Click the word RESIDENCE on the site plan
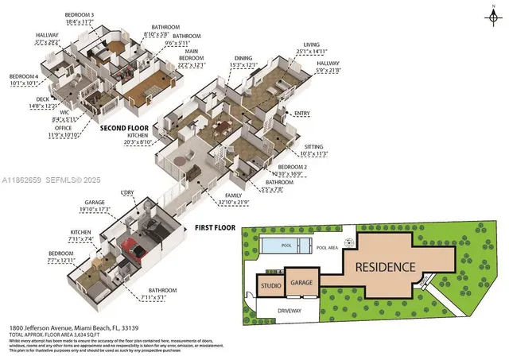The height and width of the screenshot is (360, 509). (x=385, y=265)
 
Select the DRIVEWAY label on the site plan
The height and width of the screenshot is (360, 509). (x=290, y=309)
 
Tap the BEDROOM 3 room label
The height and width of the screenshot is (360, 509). (x=80, y=15)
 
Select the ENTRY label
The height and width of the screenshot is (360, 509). (x=301, y=114)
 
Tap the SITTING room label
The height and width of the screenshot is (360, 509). (x=314, y=147)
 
